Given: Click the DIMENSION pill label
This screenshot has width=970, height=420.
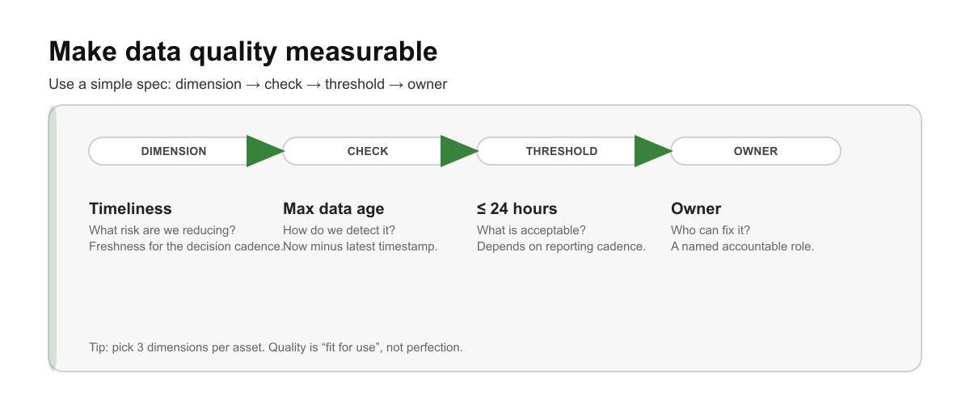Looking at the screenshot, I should [174, 151].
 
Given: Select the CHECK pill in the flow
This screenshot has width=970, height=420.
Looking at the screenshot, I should [368, 151].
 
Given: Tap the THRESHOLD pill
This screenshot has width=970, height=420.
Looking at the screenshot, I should [562, 151].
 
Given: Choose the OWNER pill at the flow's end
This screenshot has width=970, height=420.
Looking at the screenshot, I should [756, 151].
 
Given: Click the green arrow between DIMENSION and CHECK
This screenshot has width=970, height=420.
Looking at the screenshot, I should [264, 151].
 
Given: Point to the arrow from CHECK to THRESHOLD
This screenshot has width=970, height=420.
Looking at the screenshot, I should [458, 151].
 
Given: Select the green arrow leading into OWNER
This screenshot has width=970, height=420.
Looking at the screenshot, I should [652, 151].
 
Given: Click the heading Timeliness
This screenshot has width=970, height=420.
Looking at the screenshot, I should [130, 208].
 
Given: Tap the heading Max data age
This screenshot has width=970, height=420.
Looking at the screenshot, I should [333, 208].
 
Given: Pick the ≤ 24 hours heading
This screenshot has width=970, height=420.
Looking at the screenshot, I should [517, 208].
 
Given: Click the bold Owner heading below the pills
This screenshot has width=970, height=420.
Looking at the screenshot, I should [696, 208].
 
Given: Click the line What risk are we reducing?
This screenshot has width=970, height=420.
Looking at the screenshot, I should [162, 230].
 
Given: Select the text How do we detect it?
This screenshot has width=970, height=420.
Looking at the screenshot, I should [339, 230].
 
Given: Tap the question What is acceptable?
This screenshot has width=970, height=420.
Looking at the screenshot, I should [531, 230].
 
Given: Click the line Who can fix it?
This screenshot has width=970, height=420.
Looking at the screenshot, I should [711, 230].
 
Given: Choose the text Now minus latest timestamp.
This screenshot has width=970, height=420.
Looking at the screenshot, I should [360, 246].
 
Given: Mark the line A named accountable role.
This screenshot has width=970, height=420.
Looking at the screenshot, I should [742, 246].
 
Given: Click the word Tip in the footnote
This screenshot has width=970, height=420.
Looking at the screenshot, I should [98, 347].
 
